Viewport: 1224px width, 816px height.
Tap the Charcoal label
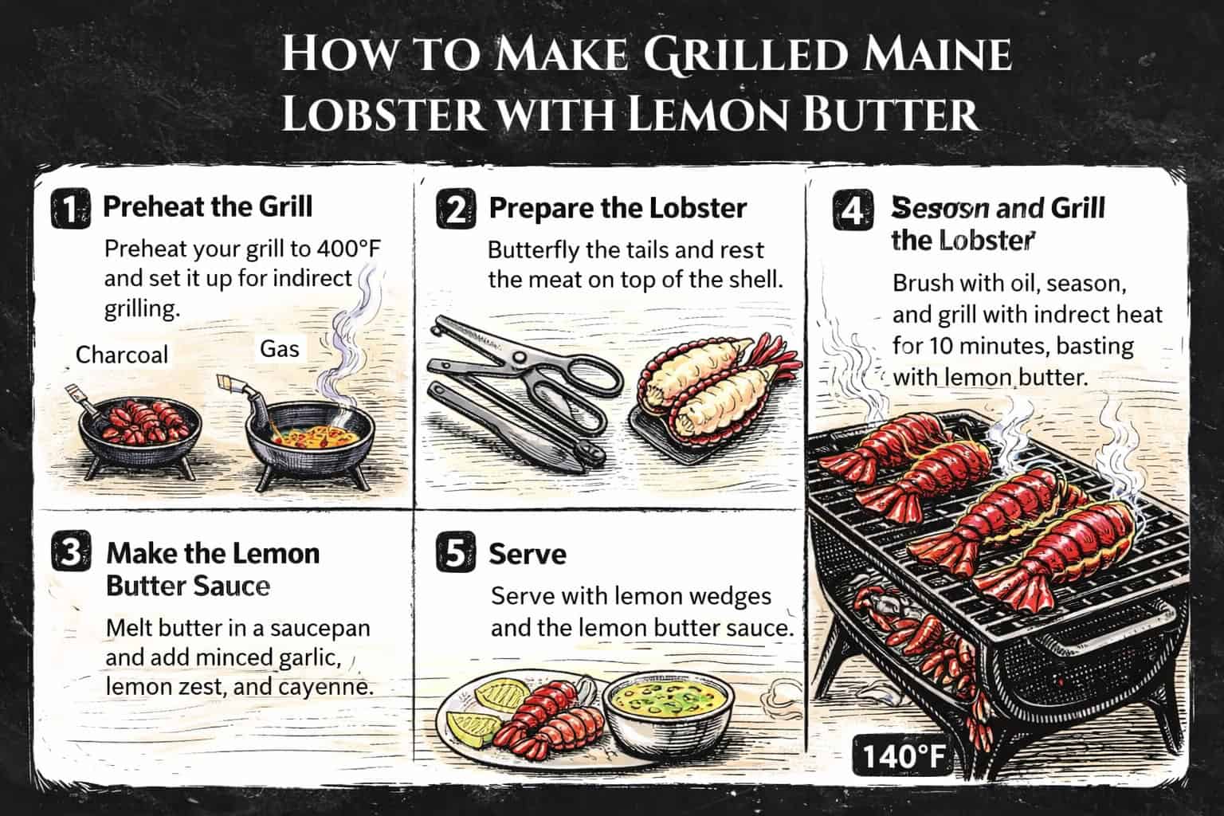(x=122, y=354)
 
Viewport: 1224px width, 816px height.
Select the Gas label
(x=279, y=348)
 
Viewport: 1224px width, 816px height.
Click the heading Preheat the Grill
(x=208, y=207)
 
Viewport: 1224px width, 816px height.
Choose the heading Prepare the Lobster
(x=618, y=209)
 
